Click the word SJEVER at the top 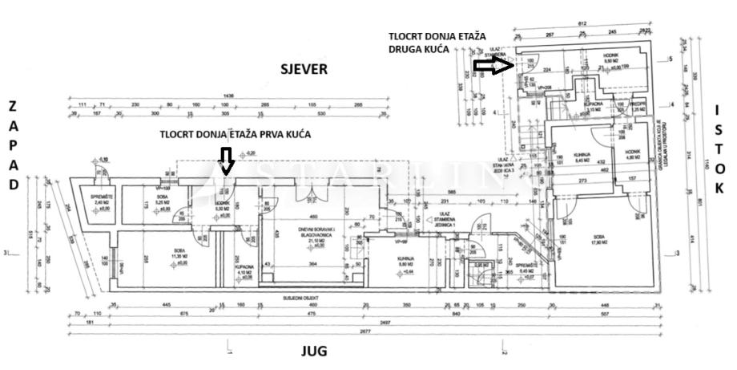point(304,69)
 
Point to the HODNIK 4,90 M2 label point(632,157)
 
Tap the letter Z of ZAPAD point(12,106)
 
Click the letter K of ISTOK point(719,189)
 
